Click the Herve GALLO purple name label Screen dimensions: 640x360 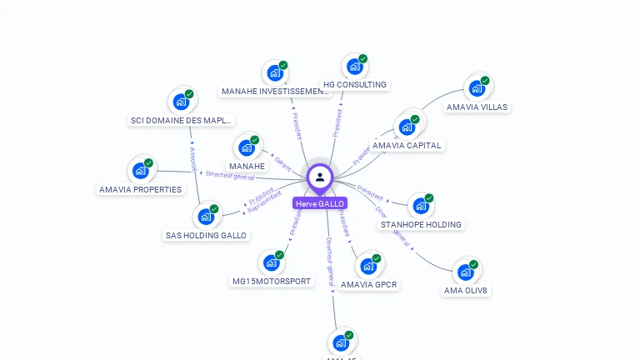click(x=319, y=203)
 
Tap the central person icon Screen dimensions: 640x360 click(x=320, y=177)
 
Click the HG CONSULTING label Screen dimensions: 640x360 click(x=355, y=84)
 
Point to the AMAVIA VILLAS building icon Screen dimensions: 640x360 click(x=476, y=87)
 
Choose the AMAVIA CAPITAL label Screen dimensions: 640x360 click(x=407, y=145)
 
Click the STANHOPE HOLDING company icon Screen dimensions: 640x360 click(x=419, y=205)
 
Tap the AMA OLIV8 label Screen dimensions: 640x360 click(x=466, y=291)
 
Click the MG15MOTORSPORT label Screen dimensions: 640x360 click(x=272, y=281)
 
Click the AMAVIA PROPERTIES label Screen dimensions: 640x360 click(x=140, y=189)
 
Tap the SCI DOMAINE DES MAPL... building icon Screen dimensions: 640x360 click(x=180, y=102)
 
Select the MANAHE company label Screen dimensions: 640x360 click(x=247, y=166)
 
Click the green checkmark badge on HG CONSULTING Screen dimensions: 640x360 click(x=363, y=59)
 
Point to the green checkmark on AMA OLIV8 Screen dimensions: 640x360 click(x=473, y=264)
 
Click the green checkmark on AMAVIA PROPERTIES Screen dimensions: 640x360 click(x=148, y=162)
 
